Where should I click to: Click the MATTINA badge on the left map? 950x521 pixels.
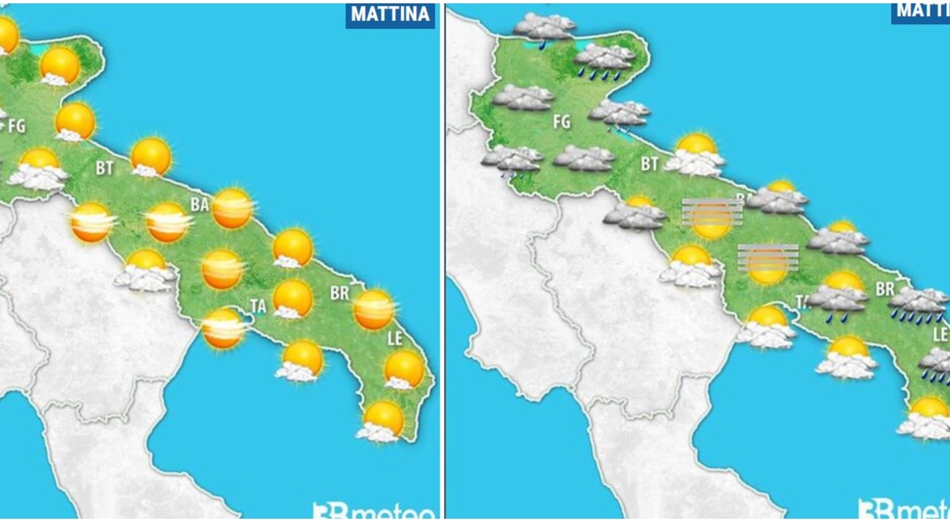click(x=390, y=14)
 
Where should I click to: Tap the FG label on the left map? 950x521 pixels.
click(x=16, y=126)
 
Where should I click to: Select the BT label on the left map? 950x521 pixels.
click(x=105, y=168)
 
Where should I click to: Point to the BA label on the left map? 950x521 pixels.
click(x=199, y=205)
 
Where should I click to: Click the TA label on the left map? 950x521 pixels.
click(x=258, y=305)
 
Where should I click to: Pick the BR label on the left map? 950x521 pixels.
click(x=339, y=293)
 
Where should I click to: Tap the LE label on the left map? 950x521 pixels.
click(x=395, y=339)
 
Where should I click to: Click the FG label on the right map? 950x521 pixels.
click(x=562, y=121)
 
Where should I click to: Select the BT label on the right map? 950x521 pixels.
click(x=649, y=164)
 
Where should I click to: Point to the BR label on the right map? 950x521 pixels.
click(x=885, y=289)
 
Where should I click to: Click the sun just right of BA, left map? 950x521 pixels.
click(x=232, y=208)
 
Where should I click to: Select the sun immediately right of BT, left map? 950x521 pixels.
click(x=151, y=157)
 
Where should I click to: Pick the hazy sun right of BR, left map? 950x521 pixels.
click(x=373, y=309)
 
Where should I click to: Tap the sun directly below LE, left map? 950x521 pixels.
click(x=404, y=369)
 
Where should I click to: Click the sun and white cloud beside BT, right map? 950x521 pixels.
click(x=695, y=154)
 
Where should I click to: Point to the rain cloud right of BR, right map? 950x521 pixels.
click(x=919, y=305)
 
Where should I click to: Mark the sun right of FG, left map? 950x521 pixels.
click(x=74, y=121)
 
